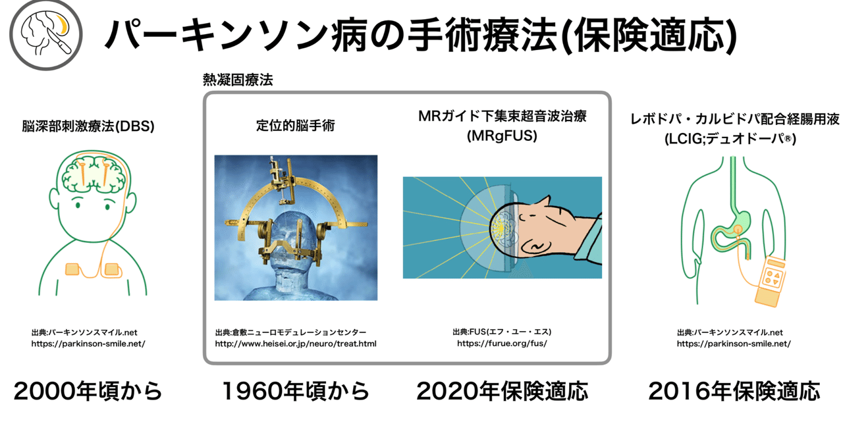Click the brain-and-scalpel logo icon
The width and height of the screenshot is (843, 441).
(46, 35)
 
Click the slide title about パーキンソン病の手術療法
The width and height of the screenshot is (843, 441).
(420, 36)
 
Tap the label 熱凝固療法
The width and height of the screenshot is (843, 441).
(238, 80)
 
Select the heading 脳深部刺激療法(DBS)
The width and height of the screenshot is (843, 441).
(88, 126)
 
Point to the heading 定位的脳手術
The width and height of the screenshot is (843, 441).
(296, 125)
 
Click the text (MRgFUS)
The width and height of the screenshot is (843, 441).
(502, 136)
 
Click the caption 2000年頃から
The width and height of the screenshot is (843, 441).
(88, 391)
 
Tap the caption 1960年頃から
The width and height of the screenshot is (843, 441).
(296, 391)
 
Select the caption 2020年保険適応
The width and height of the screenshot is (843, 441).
(502, 391)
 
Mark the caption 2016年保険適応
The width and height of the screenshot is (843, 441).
(734, 391)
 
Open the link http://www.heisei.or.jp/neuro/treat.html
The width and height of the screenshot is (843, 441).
(296, 344)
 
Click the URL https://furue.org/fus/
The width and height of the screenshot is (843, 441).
(502, 343)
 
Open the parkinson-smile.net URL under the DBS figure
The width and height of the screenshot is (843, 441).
(88, 344)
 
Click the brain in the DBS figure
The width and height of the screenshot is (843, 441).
(94, 174)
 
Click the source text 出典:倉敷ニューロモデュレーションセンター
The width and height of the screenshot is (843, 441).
(290, 332)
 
